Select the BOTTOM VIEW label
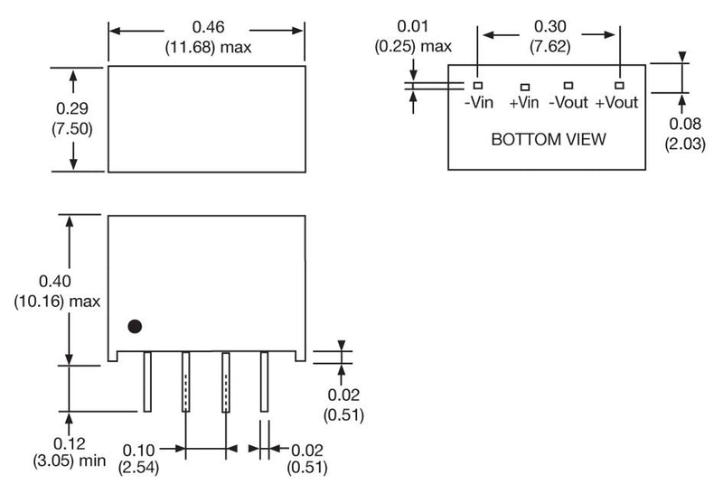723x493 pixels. click(x=549, y=140)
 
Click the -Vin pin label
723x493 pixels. click(x=479, y=102)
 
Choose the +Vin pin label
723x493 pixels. click(x=523, y=103)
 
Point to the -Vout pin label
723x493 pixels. click(x=568, y=102)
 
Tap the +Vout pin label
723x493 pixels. click(x=617, y=102)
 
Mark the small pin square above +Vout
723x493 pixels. click(x=620, y=84)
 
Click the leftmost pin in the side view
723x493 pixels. click(x=147, y=381)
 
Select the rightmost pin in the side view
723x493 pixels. click(x=265, y=381)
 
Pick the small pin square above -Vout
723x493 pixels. click(x=568, y=85)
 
